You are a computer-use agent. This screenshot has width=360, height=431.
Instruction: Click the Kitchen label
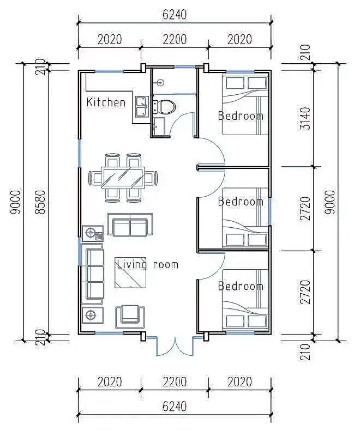tap(106, 102)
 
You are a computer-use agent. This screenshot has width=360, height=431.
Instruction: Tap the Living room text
tap(148, 265)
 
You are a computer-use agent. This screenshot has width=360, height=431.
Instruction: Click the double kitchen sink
tap(142, 106)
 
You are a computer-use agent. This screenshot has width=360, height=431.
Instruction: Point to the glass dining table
tap(123, 178)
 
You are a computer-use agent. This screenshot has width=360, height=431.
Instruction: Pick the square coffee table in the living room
tap(130, 272)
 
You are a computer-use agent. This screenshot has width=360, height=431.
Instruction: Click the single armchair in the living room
tap(130, 317)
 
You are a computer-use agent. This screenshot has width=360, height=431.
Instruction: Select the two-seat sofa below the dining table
tap(130, 224)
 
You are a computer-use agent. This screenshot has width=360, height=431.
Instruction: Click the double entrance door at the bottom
tap(175, 346)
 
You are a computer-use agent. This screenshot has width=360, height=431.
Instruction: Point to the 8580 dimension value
tap(41, 202)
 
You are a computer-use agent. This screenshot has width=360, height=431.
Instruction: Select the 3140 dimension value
tap(305, 118)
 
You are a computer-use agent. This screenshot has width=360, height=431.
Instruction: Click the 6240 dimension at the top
tap(175, 15)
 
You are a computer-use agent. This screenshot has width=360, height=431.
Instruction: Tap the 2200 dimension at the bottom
tap(175, 381)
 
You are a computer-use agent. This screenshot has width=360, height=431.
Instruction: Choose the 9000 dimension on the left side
tap(15, 202)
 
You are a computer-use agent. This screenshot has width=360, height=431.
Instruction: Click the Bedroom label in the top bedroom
tap(241, 116)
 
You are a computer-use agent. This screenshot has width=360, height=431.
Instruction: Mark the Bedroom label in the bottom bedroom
tap(241, 286)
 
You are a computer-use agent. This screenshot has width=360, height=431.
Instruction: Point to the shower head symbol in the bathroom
tap(160, 82)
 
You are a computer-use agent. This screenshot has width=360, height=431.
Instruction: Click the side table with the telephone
tap(93, 233)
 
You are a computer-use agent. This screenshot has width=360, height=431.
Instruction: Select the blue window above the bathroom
tap(185, 66)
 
